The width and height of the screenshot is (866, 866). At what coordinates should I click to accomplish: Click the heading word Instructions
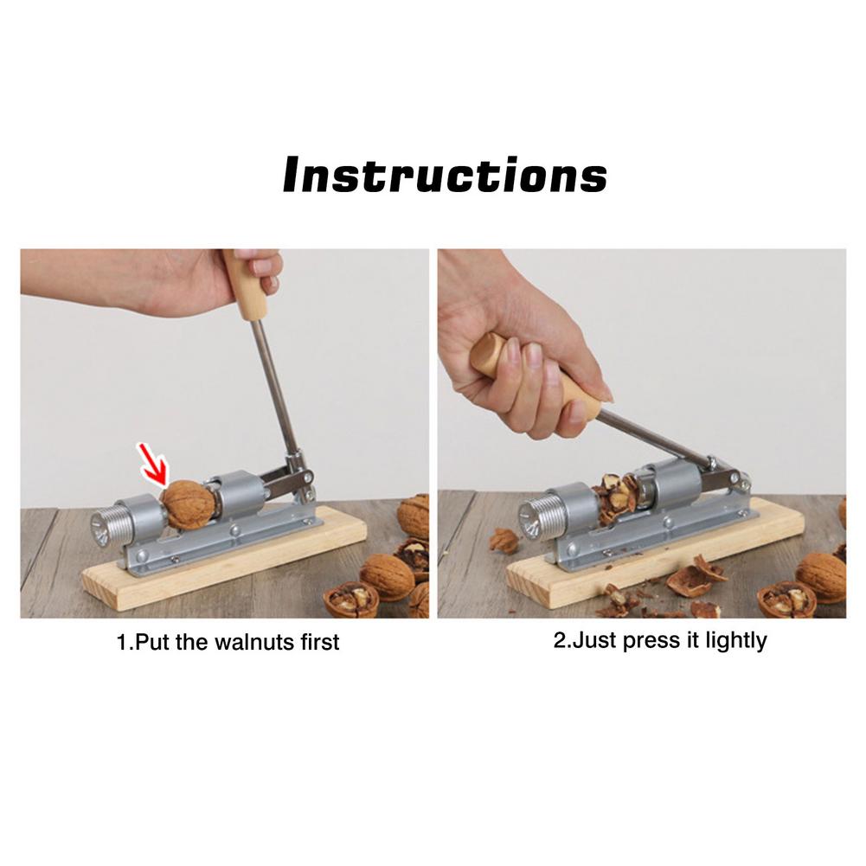[445, 175]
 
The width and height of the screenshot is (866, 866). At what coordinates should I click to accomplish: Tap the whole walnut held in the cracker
[188, 504]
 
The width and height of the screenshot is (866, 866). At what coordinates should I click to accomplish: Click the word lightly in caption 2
[734, 641]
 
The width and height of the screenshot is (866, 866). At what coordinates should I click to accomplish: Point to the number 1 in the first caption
[121, 643]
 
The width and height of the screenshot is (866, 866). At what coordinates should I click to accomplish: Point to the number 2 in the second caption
[558, 641]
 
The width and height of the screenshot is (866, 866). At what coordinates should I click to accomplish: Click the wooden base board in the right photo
[735, 545]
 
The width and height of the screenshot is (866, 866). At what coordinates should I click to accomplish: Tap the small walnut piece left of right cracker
[504, 541]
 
